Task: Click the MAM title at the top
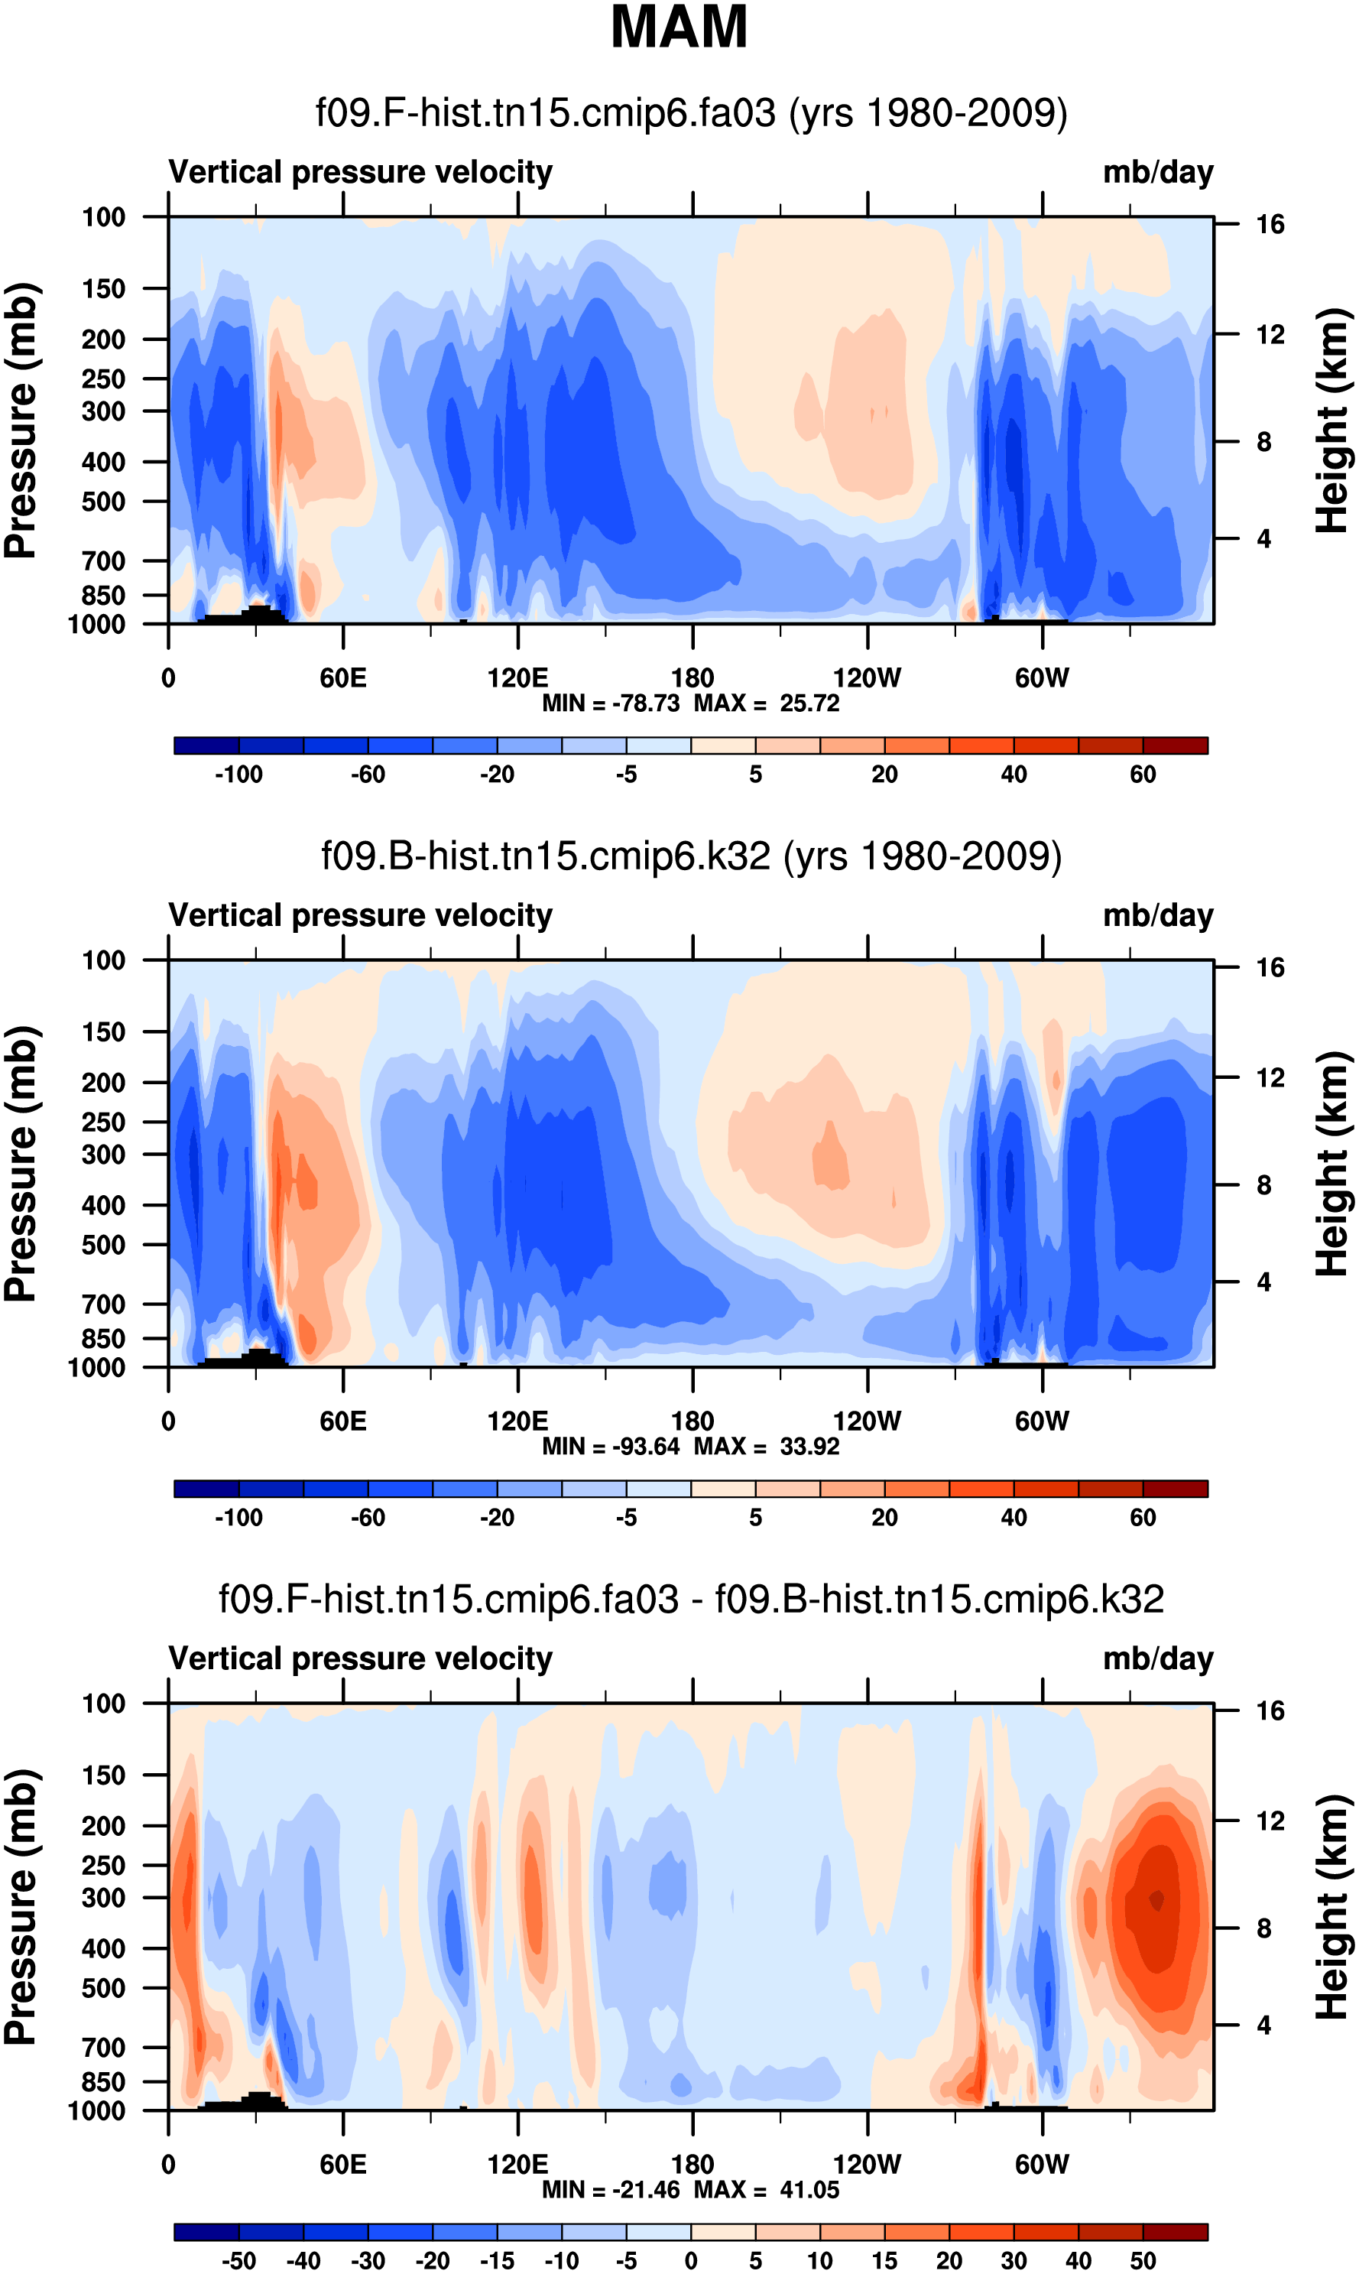point(679,28)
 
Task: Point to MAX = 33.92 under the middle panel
point(767,1446)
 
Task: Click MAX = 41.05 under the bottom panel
point(767,2190)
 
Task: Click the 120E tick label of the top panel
point(517,679)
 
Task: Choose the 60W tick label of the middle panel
point(1041,1421)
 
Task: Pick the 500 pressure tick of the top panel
point(103,502)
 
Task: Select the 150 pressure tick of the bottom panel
point(103,1775)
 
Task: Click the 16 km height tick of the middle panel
point(1270,968)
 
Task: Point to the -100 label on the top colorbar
point(239,775)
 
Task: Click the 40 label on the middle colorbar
point(1014,1518)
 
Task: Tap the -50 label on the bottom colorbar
point(239,2261)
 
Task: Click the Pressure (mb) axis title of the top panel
point(20,421)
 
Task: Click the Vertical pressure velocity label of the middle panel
point(361,916)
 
